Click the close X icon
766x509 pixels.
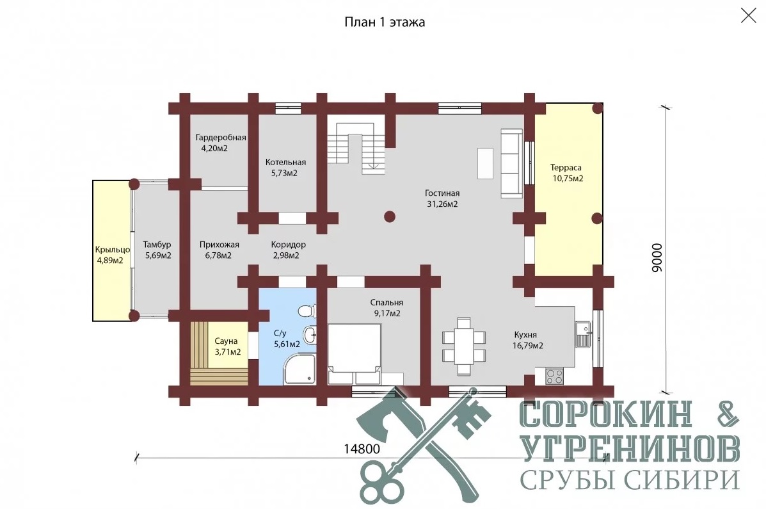[749, 15]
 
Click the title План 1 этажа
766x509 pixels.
[385, 22]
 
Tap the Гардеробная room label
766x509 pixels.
[221, 138]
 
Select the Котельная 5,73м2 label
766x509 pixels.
[285, 167]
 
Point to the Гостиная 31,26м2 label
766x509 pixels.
[442, 198]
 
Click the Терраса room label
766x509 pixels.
[566, 168]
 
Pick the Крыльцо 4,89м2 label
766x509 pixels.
[112, 255]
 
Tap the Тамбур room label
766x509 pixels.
[157, 245]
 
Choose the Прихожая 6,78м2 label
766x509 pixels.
[219, 249]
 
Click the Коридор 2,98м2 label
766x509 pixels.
[288, 249]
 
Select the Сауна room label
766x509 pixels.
[226, 341]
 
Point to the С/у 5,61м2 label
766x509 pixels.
[287, 338]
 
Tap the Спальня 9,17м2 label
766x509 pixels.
[387, 307]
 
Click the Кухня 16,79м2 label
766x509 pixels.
[527, 340]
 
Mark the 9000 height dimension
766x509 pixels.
[658, 257]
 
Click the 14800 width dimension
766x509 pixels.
[362, 449]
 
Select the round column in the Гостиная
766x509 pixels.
[389, 216]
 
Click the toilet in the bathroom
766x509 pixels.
[307, 311]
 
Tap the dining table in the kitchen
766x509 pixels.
[464, 346]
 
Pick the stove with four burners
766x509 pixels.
[554, 376]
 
